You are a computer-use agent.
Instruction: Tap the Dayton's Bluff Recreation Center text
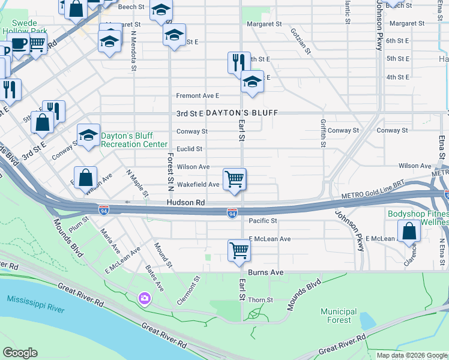pos(134,140)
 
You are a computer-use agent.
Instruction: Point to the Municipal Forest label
pos(339,316)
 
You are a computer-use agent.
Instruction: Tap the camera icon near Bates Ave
pos(145,298)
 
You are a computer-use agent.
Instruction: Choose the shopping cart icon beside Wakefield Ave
pos(234,179)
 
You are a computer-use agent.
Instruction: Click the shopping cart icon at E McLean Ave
pos(239,250)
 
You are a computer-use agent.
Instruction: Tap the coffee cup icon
pos(19,44)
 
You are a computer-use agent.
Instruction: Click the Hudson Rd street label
pos(185,203)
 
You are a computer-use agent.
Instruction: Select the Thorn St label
pos(261,300)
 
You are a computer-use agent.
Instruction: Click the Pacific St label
pos(262,221)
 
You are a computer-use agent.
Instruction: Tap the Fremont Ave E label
pos(197,95)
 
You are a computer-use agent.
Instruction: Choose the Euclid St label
pos(190,149)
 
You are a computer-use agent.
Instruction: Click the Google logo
pos(20,353)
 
